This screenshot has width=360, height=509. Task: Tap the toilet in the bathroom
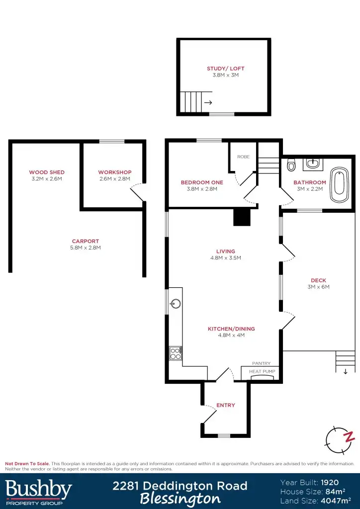(x=291, y=165)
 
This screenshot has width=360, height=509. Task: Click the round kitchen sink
(x=175, y=304)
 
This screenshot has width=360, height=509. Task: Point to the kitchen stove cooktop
(x=176, y=353)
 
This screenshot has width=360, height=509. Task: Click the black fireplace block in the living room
(x=242, y=217)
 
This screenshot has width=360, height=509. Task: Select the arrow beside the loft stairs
(x=208, y=103)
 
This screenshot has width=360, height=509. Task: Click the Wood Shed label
(x=47, y=172)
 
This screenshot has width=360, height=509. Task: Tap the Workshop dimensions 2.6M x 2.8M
(x=114, y=179)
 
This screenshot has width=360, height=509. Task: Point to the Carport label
(x=86, y=241)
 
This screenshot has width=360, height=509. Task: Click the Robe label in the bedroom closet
(x=243, y=157)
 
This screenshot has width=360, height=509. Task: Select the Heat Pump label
(x=262, y=371)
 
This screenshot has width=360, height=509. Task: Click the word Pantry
(x=261, y=363)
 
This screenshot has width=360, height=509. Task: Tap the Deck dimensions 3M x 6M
(x=318, y=287)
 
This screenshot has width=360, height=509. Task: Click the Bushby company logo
(x=39, y=491)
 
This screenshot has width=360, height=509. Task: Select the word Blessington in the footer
(x=180, y=498)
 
